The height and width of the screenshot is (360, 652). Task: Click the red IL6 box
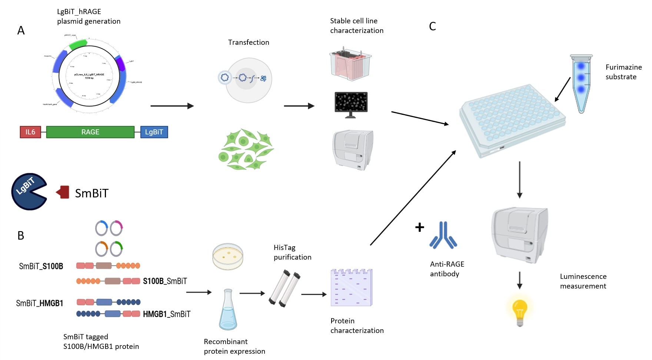(30, 132)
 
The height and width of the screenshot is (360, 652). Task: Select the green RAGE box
(90, 132)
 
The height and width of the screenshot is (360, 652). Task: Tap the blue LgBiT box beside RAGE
(154, 132)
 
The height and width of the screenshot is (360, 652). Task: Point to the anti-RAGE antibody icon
(443, 236)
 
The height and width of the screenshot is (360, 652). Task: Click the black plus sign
(419, 227)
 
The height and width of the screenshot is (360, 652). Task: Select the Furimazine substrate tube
(581, 83)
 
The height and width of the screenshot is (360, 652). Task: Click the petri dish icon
(228, 256)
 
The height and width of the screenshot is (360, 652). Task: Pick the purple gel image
(351, 288)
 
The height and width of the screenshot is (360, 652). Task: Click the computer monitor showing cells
(351, 104)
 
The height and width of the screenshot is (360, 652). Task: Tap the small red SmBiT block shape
(63, 192)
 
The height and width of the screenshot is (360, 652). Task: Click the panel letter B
(21, 236)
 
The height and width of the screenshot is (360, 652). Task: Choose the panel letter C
(432, 26)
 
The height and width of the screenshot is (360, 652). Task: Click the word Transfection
(249, 43)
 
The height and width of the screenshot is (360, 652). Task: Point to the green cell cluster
(246, 150)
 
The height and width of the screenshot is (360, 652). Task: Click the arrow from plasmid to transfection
(172, 106)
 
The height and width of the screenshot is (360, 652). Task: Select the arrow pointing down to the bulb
(519, 280)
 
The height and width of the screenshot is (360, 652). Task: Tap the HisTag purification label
(292, 252)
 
